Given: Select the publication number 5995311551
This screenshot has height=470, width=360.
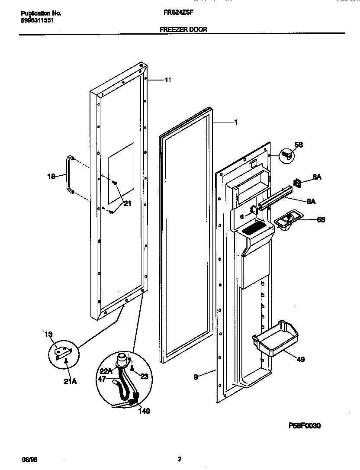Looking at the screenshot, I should click(x=38, y=20).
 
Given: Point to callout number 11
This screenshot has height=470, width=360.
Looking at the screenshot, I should click(x=168, y=80).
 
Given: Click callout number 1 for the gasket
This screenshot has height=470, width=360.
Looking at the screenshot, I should click(x=236, y=122).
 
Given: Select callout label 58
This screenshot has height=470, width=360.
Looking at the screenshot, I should click(x=299, y=145).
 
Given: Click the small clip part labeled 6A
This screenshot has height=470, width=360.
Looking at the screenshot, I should click(x=297, y=183).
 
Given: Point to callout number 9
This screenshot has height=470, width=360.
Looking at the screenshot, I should click(x=196, y=377).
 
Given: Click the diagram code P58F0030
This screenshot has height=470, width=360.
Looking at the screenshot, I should click(x=304, y=426).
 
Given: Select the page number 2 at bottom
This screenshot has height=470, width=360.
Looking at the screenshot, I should click(x=180, y=459).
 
